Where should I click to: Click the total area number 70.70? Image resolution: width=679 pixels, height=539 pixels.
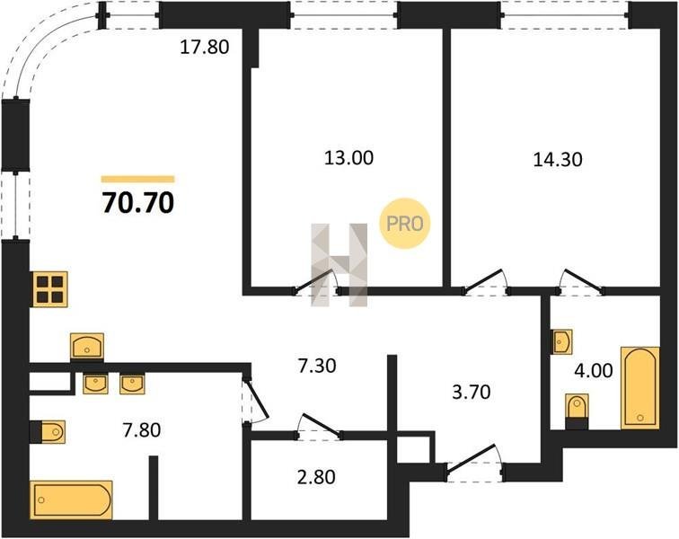click(x=138, y=203)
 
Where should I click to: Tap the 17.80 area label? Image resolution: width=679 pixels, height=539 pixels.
click(x=205, y=47)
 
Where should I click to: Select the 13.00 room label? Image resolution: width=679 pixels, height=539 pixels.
click(x=348, y=158)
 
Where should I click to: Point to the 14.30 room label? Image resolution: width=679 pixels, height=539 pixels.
click(x=558, y=159)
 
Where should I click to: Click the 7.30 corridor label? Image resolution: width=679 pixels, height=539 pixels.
click(x=317, y=367)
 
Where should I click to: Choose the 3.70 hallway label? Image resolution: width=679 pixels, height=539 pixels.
click(x=472, y=392)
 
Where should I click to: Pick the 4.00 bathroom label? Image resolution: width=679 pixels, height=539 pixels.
click(x=594, y=370)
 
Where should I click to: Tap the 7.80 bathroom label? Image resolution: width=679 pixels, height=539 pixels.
click(x=142, y=430)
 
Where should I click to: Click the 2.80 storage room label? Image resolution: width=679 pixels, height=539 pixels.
click(x=316, y=477)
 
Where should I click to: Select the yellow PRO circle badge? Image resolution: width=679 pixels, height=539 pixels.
click(x=405, y=223)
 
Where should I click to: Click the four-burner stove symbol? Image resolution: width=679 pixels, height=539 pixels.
click(x=50, y=289)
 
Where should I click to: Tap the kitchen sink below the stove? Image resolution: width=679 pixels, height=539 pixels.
click(x=87, y=346)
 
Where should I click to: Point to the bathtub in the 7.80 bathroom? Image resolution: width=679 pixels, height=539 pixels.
click(x=72, y=499)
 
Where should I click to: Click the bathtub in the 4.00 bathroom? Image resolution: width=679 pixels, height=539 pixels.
click(x=640, y=388)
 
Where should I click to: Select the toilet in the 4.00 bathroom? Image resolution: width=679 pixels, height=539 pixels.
click(x=577, y=411)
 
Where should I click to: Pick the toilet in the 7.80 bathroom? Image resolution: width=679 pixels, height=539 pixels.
click(x=48, y=431)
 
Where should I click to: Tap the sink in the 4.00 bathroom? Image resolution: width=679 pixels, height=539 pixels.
click(x=561, y=341)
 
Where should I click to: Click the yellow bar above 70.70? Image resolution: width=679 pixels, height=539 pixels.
click(x=137, y=179)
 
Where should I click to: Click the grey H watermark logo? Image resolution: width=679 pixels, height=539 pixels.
click(x=339, y=265)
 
